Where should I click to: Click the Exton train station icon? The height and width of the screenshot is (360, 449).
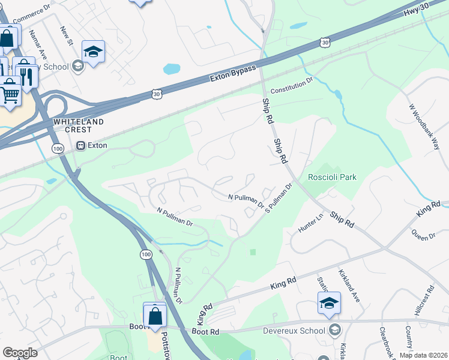80,145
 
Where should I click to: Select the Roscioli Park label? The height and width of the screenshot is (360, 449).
332,177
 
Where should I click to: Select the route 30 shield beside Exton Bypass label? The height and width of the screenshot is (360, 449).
157,94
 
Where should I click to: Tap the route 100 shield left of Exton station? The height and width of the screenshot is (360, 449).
58,148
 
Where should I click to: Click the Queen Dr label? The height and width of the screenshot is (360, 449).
424,234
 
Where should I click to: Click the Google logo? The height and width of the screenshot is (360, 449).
20,353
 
